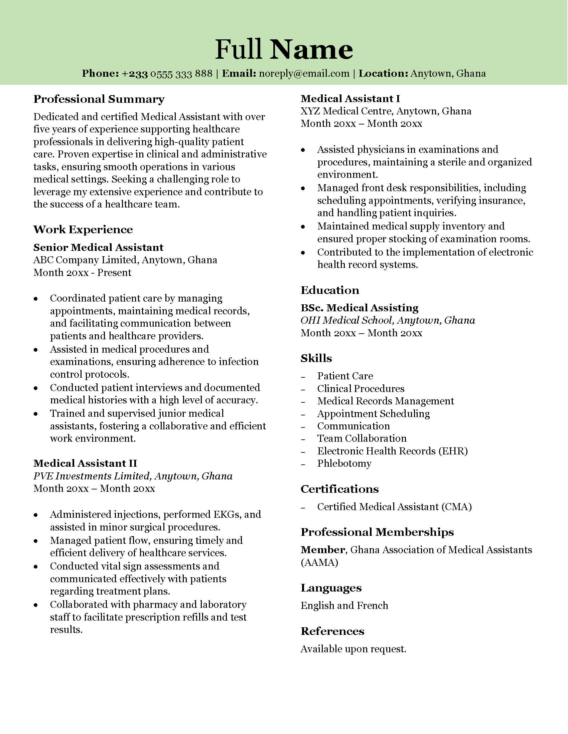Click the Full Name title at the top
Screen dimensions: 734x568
click(x=284, y=49)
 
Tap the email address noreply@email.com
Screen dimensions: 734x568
click(x=304, y=74)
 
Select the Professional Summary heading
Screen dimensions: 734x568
click(x=99, y=99)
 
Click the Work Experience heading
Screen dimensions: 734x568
click(x=83, y=230)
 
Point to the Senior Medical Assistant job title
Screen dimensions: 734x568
click(x=98, y=247)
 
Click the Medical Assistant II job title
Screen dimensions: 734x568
click(x=85, y=463)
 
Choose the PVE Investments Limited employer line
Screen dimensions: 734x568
click(x=133, y=476)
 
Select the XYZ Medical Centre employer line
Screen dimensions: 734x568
click(x=386, y=111)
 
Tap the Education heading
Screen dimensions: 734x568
click(x=330, y=290)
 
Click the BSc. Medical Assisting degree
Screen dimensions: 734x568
click(x=360, y=308)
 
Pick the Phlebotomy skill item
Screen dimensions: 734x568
click(x=344, y=463)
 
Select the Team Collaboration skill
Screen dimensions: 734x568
click(x=362, y=438)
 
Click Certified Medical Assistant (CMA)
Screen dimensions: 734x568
click(x=394, y=507)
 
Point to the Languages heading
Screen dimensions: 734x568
click(x=331, y=588)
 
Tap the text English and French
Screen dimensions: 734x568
click(x=344, y=606)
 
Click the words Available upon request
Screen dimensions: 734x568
click(x=353, y=649)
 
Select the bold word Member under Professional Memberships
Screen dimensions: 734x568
click(x=323, y=550)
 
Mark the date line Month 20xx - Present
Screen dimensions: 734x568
click(x=82, y=273)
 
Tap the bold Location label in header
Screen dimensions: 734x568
click(x=383, y=74)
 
